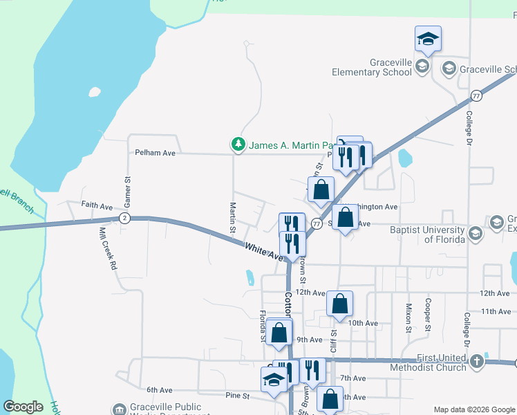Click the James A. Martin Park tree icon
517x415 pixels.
[238, 145]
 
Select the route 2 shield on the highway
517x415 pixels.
[124, 219]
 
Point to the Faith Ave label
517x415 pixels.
[97, 206]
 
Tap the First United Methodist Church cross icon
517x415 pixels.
[476, 361]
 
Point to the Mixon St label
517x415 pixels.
[408, 317]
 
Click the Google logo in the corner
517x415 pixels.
[23, 407]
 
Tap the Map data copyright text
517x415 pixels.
[475, 409]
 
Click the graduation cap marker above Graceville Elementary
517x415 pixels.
[429, 39]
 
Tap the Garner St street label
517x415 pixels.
[127, 188]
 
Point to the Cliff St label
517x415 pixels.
[334, 342]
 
